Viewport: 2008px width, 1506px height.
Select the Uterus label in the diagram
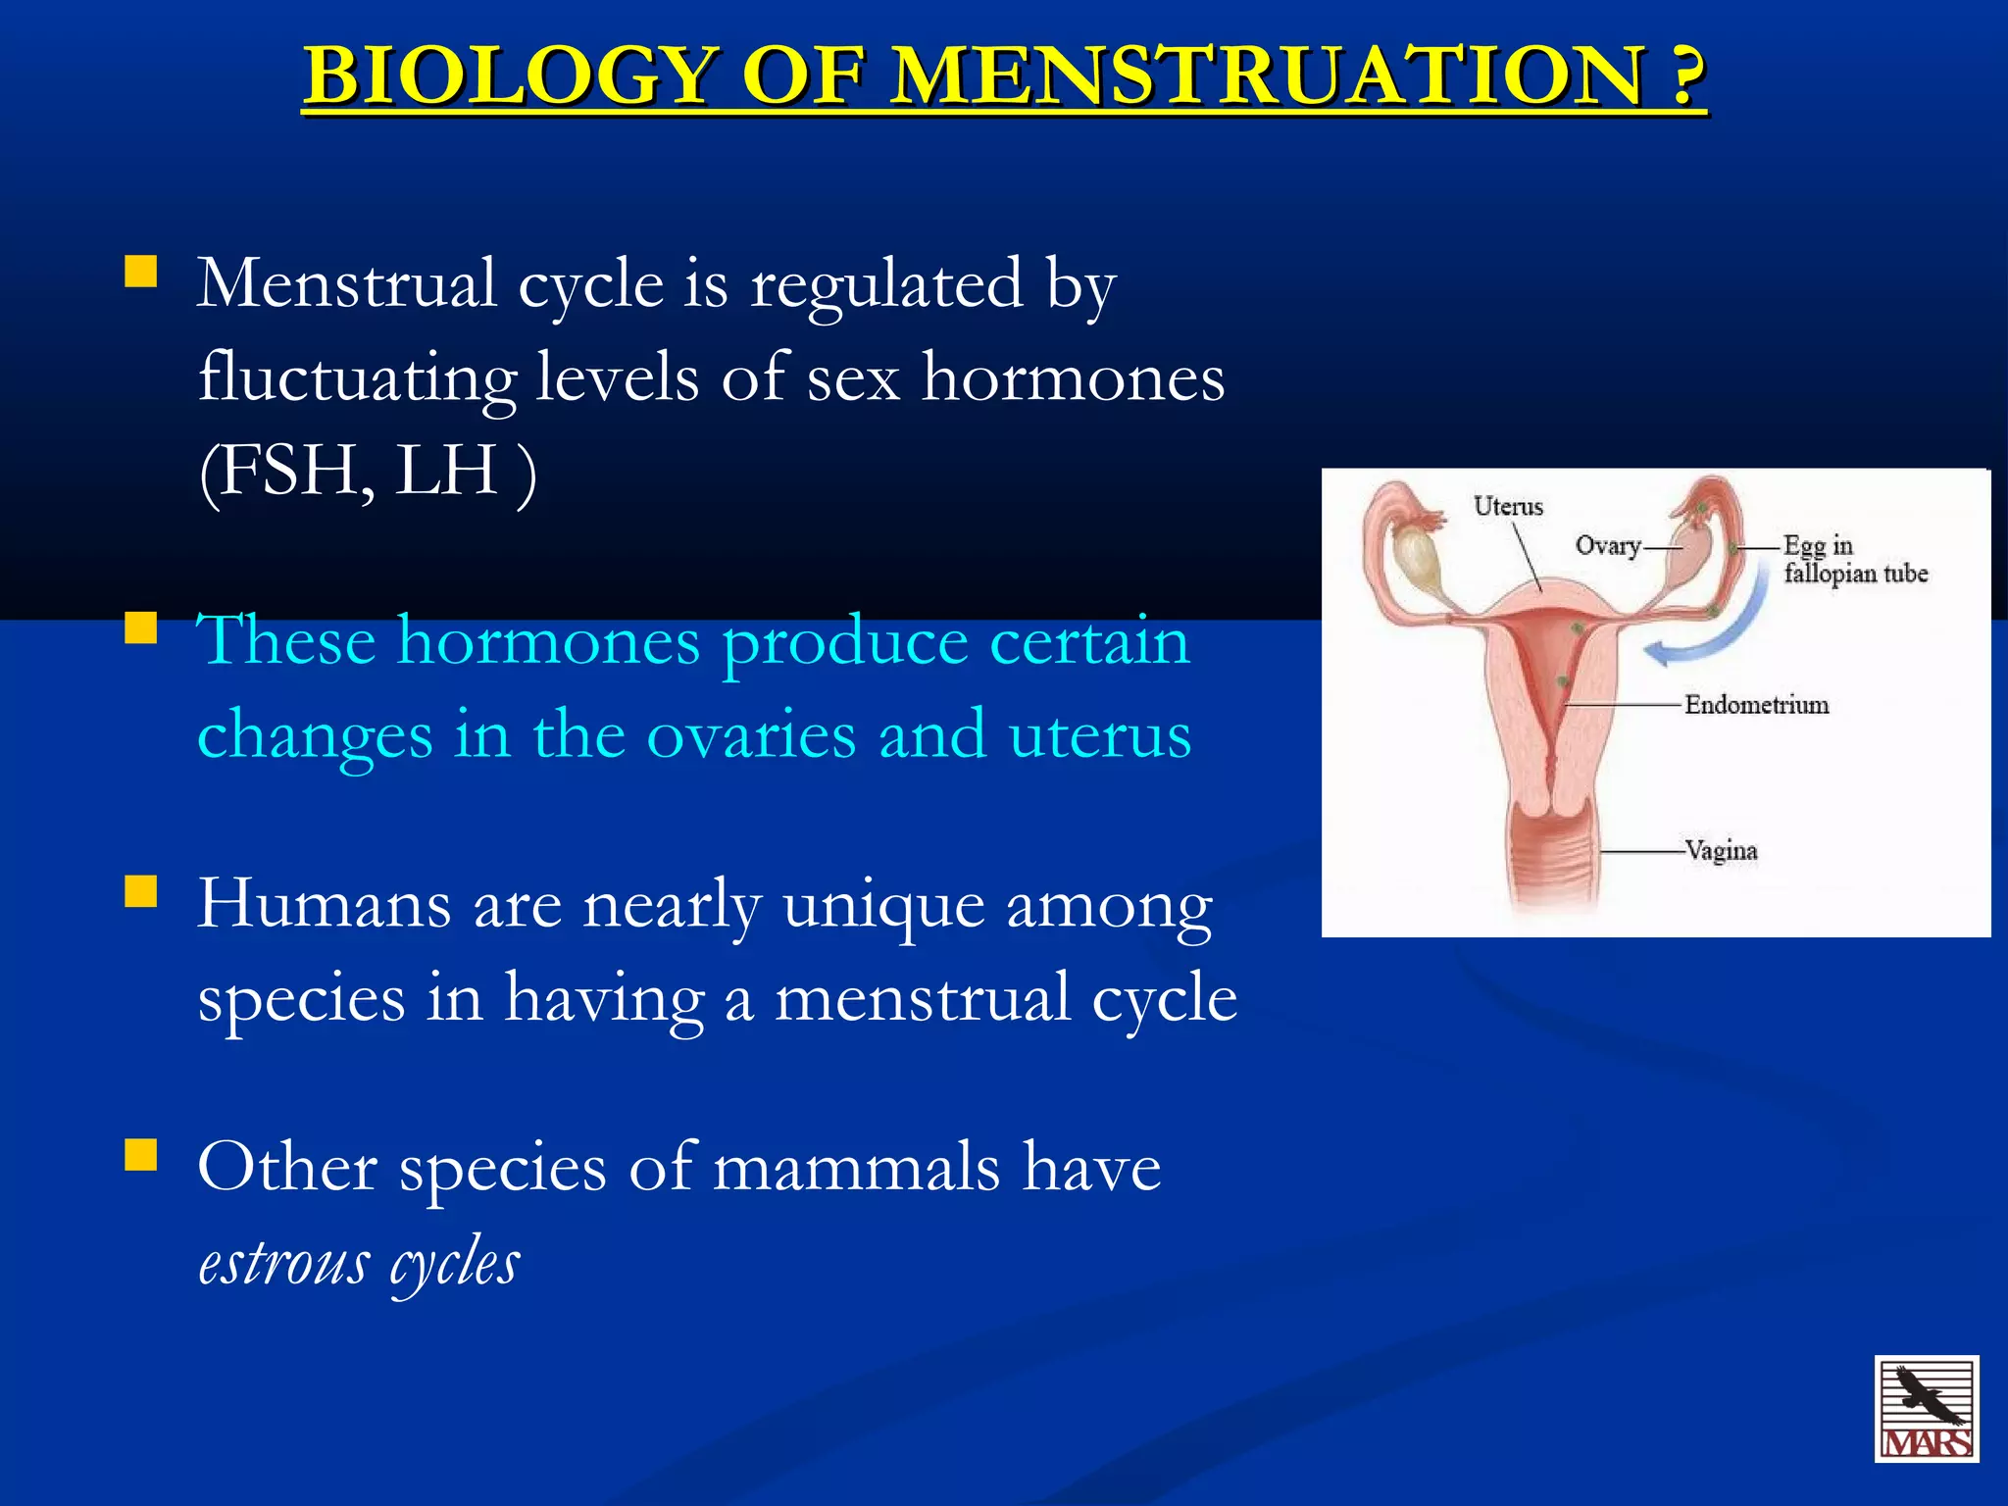pos(1508,507)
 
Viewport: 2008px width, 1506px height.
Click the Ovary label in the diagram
pos(1608,546)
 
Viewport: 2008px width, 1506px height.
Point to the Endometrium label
pos(1756,705)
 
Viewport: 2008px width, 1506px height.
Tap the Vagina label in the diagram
pos(1722,850)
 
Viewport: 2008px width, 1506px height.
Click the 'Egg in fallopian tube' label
pos(1853,560)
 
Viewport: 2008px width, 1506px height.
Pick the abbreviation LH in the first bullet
pos(447,472)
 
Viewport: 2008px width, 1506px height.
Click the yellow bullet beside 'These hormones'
pos(141,627)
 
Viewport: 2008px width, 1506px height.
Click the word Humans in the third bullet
pos(324,904)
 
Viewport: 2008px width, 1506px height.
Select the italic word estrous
pos(284,1263)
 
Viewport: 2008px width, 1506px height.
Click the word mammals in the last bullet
pos(856,1169)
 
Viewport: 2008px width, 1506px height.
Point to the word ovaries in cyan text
pos(751,735)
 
